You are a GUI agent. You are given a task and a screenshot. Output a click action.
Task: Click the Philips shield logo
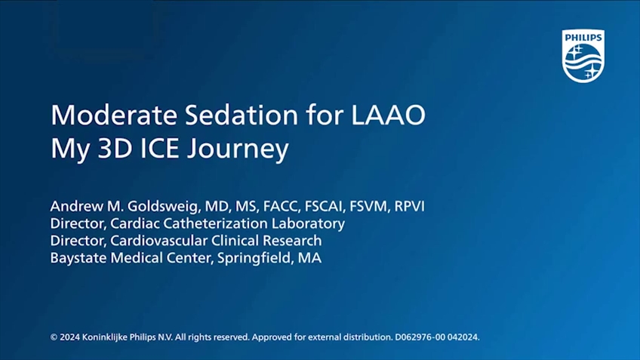pyautogui.click(x=583, y=56)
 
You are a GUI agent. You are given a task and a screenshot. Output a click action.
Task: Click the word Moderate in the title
pyautogui.click(x=114, y=115)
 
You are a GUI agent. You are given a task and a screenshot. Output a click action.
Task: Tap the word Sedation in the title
pyautogui.click(x=242, y=115)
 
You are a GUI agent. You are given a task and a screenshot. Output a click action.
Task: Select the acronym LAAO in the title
pyautogui.click(x=388, y=115)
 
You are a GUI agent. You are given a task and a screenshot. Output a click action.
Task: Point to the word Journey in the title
pyautogui.click(x=238, y=149)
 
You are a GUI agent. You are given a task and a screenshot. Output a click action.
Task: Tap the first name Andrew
pyautogui.click(x=76, y=206)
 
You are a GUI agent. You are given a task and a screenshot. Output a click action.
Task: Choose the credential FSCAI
pyautogui.click(x=325, y=206)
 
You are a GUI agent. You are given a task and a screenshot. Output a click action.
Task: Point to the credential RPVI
pyautogui.click(x=409, y=206)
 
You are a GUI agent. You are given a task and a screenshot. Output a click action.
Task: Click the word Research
pyautogui.click(x=292, y=241)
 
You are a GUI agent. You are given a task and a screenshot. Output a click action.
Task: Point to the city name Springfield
pyautogui.click(x=255, y=258)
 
